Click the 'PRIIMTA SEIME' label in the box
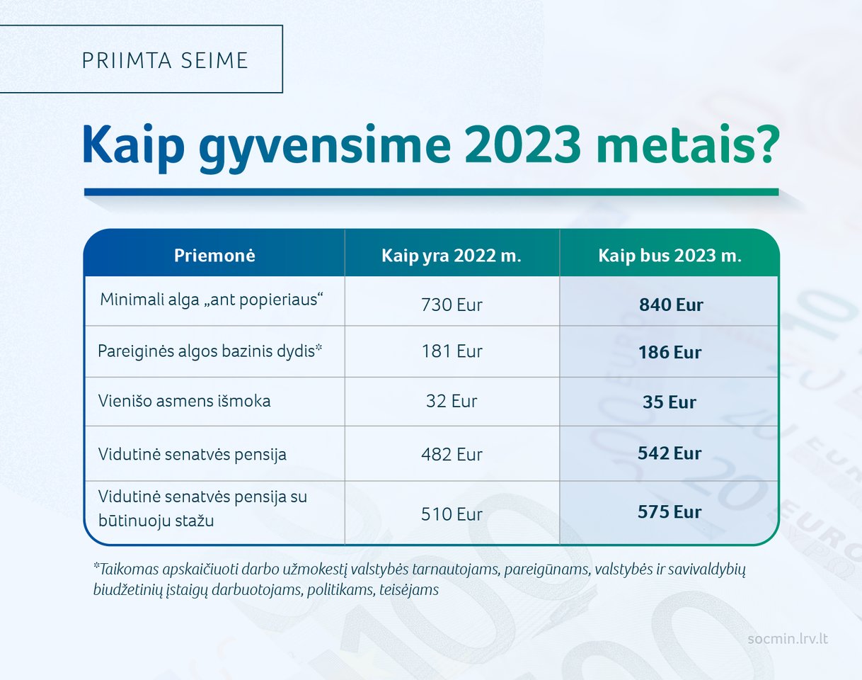coord(165,60)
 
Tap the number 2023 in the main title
coord(522,145)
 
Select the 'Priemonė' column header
coord(214,256)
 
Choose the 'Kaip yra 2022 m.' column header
coord(452,256)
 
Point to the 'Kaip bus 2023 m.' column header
coord(670,256)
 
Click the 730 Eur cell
coord(452,305)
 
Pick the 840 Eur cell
coord(671,305)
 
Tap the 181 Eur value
coord(452,351)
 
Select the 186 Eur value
coord(670,353)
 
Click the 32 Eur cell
coord(452,401)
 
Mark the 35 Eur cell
coord(670,402)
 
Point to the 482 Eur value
coord(452,455)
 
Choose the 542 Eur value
coord(670,453)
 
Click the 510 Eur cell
coord(452,514)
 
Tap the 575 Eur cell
coord(670,512)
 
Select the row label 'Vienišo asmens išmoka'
coord(184,401)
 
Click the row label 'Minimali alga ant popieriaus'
coord(212,300)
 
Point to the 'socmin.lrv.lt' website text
coord(788,639)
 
